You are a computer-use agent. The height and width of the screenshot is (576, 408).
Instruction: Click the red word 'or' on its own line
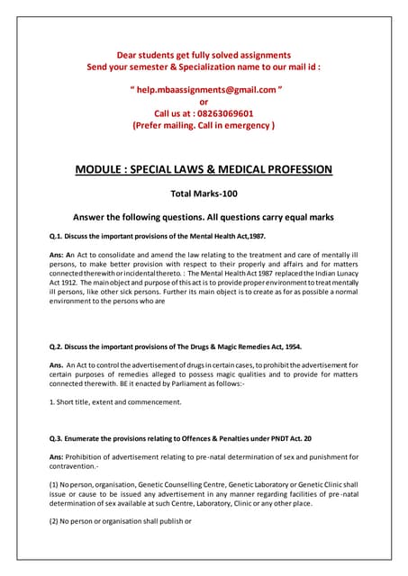[204, 103]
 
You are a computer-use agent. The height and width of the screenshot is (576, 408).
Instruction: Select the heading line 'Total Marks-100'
[204, 193]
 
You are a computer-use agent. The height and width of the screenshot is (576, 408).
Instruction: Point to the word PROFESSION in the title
[290, 169]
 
